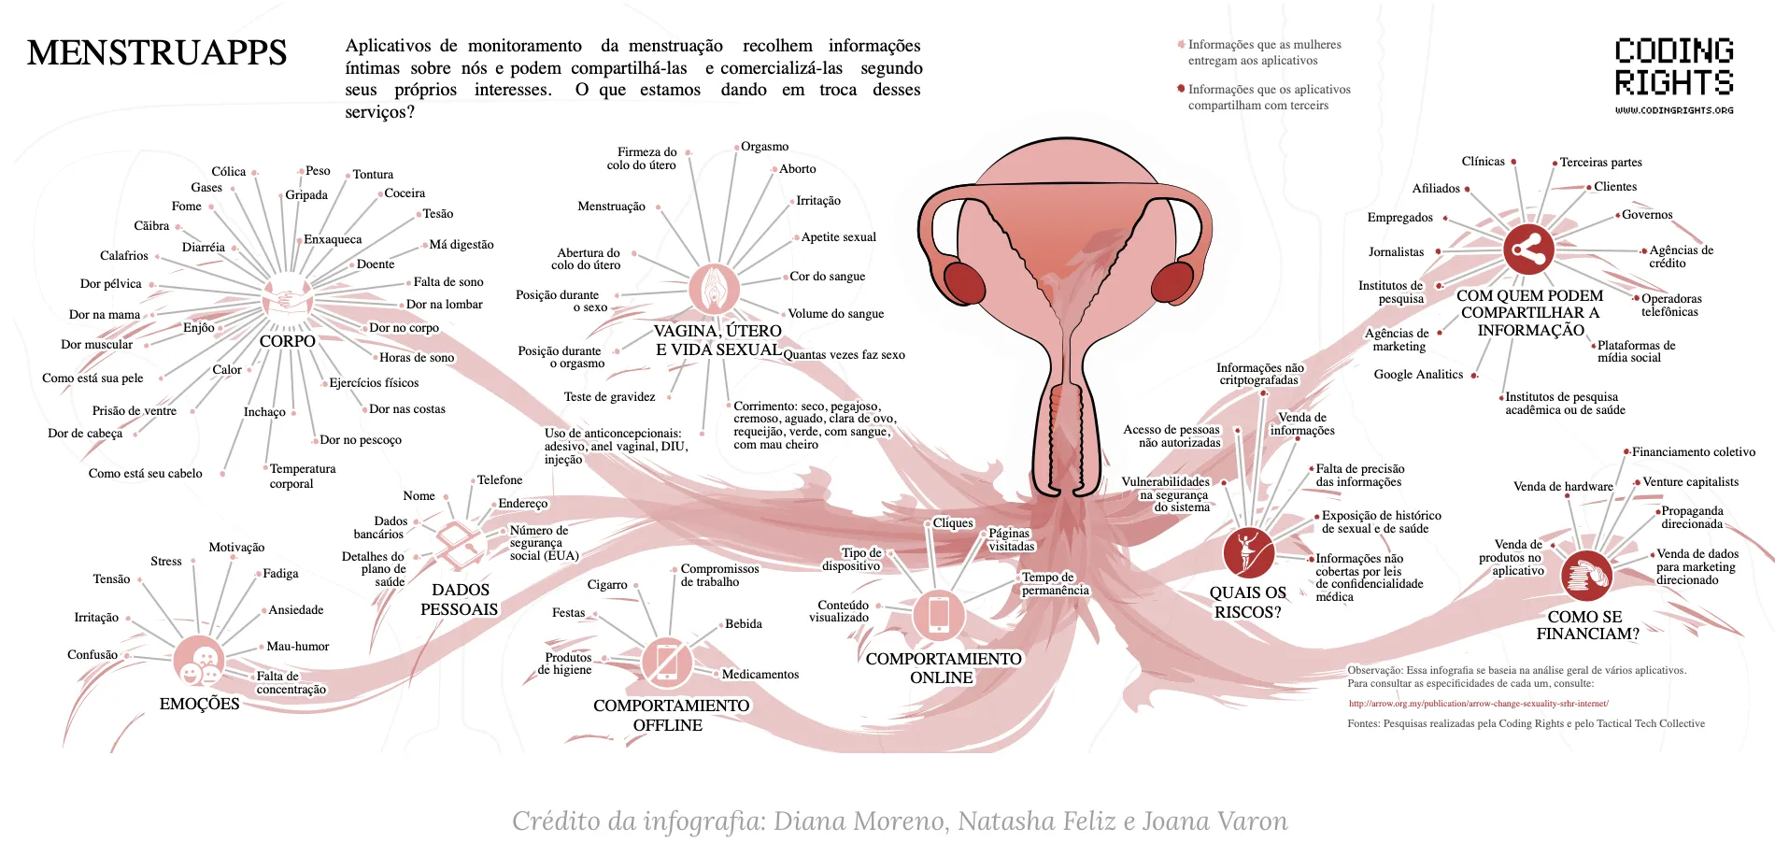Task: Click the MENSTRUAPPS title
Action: pyautogui.click(x=157, y=53)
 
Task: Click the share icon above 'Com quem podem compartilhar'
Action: pyautogui.click(x=1528, y=250)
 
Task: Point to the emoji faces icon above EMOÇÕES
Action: pyautogui.click(x=199, y=662)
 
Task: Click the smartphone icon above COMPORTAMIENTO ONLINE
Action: pyautogui.click(x=939, y=615)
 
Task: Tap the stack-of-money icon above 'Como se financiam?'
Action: pyautogui.click(x=1585, y=576)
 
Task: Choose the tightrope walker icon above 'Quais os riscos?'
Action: pyautogui.click(x=1248, y=552)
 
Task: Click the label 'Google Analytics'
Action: pyautogui.click(x=1418, y=375)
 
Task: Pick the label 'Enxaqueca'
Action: pyautogui.click(x=333, y=239)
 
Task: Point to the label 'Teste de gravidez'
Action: pyautogui.click(x=609, y=397)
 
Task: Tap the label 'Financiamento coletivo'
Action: pyautogui.click(x=1693, y=452)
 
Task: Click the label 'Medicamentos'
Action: pyautogui.click(x=760, y=675)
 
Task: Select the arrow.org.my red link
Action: pyautogui.click(x=1478, y=704)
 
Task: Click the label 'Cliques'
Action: pyautogui.click(x=953, y=523)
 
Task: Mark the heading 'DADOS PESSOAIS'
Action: pyautogui.click(x=460, y=600)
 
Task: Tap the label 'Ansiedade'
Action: pyautogui.click(x=296, y=610)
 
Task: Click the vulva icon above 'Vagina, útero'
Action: pyautogui.click(x=714, y=289)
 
